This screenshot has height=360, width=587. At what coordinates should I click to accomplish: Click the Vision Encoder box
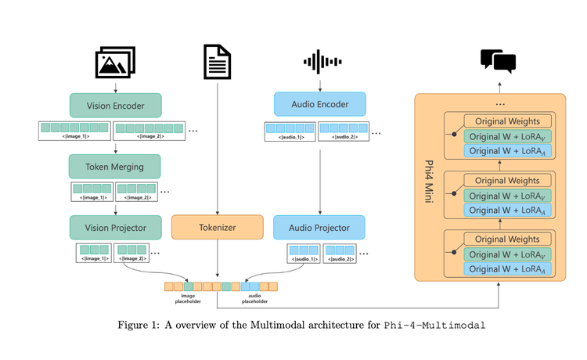pos(115,105)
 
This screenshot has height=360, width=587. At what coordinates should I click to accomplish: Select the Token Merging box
pos(115,166)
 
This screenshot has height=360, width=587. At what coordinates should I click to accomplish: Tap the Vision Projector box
pos(115,227)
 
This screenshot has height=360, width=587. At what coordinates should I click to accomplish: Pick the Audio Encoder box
pos(319,104)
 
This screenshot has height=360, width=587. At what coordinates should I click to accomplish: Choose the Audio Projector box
pos(319,227)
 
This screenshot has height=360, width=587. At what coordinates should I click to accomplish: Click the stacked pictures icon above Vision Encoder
pos(116,62)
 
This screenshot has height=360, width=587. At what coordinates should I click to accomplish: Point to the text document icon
pos(217,62)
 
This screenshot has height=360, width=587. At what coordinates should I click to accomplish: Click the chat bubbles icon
pos(498,60)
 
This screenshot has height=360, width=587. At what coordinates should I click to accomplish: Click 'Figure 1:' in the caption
pos(140,325)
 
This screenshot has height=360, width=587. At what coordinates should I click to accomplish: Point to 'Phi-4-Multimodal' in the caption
pos(434,325)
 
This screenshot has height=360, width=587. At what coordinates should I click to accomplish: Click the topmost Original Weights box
pos(507,121)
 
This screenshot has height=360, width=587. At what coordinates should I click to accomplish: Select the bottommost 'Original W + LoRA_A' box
pos(507,269)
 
